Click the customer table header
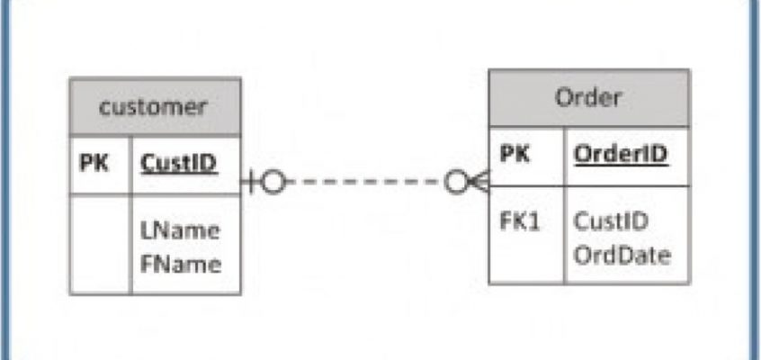[155, 106]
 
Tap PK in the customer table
[94, 164]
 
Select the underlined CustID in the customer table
[179, 164]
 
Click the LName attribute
[180, 230]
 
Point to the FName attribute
[181, 265]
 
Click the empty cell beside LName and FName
[101, 245]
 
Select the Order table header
[588, 98]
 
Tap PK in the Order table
[515, 154]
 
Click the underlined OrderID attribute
[622, 155]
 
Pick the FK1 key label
[519, 221]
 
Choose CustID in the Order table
[611, 221]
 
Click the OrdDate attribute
[622, 256]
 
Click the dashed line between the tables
[365, 182]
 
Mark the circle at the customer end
[273, 182]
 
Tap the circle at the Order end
[457, 182]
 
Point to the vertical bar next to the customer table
[251, 182]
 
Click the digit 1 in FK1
[533, 221]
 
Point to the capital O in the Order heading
[565, 98]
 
